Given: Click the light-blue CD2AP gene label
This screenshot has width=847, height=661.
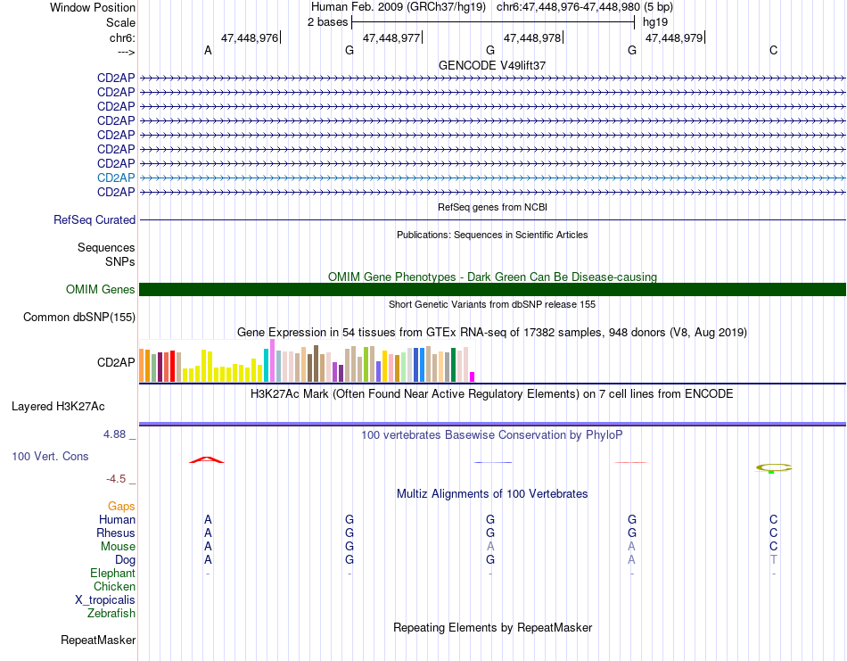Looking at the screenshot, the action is pyautogui.click(x=116, y=178).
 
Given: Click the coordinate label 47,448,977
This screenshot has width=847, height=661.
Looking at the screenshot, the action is pyautogui.click(x=391, y=37).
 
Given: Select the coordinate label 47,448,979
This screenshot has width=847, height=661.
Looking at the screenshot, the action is pyautogui.click(x=674, y=37).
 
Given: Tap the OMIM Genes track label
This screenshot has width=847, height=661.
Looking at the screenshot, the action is pyautogui.click(x=101, y=290).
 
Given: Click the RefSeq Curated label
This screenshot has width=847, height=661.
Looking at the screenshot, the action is pyautogui.click(x=95, y=220).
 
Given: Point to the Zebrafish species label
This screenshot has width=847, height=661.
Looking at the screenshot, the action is pyautogui.click(x=111, y=614).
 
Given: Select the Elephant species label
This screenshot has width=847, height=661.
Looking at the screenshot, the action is pyautogui.click(x=113, y=574).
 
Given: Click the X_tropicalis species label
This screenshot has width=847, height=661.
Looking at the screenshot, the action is pyautogui.click(x=105, y=600).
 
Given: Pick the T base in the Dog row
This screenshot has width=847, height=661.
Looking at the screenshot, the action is pyautogui.click(x=774, y=560).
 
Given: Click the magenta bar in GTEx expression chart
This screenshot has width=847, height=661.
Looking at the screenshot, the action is pyautogui.click(x=473, y=376).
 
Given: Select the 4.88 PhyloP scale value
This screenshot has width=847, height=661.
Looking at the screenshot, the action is pyautogui.click(x=114, y=434).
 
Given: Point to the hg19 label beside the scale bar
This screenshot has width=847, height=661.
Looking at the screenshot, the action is pyautogui.click(x=655, y=22).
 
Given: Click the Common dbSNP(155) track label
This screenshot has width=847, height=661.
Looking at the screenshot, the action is pyautogui.click(x=79, y=318).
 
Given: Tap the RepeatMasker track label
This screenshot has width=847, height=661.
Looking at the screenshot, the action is pyautogui.click(x=98, y=640).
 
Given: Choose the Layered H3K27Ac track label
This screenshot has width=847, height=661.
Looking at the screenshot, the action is pyautogui.click(x=58, y=407).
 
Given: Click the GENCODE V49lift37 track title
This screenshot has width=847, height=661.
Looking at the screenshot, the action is pyautogui.click(x=492, y=65).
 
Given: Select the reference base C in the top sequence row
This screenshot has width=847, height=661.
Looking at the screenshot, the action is pyautogui.click(x=774, y=50).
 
